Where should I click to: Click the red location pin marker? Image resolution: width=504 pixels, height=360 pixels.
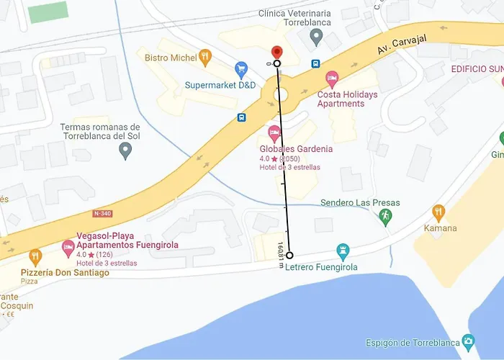pos(276,52)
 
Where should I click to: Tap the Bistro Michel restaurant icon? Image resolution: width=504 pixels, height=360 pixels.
pos(205,55)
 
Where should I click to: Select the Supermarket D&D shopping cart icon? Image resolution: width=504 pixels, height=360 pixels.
pos(241,69)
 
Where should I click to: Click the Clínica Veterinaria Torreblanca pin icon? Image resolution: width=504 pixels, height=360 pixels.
pos(315,36)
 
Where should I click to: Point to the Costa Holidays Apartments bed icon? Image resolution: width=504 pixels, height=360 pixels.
pos(332,77)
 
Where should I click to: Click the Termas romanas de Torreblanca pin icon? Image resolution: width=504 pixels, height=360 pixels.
pos(125,151)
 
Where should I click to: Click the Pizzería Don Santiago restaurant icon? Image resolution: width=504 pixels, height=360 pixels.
pos(35,257)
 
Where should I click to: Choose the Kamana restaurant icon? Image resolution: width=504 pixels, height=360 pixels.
pos(438,212)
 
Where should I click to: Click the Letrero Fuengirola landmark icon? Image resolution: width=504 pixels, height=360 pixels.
pos(343,251)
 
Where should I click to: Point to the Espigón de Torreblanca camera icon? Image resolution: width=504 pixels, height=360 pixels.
pos(469,341)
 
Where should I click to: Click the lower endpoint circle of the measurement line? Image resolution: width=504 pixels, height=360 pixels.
pos(289,256)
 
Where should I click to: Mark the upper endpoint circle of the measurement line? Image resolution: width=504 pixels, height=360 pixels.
pos(277,63)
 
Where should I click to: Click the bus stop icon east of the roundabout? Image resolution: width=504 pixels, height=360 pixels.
pos(315,63)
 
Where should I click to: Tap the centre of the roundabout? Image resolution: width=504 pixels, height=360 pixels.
pos(279,94)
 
